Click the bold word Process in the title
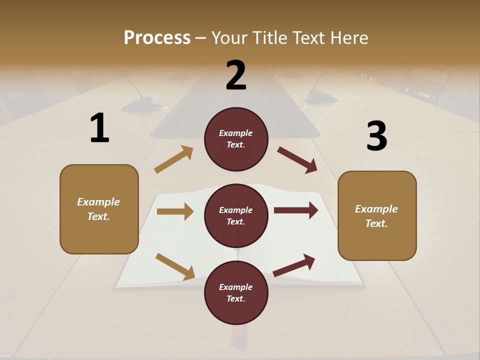(157, 38)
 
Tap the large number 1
(99, 128)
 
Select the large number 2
(236, 75)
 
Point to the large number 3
(376, 136)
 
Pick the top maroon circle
(236, 139)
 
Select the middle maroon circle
(236, 215)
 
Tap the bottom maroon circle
(236, 292)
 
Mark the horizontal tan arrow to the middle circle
(175, 211)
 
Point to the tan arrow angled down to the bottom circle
(175, 266)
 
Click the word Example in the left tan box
(98, 202)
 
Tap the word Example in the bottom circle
(236, 287)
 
